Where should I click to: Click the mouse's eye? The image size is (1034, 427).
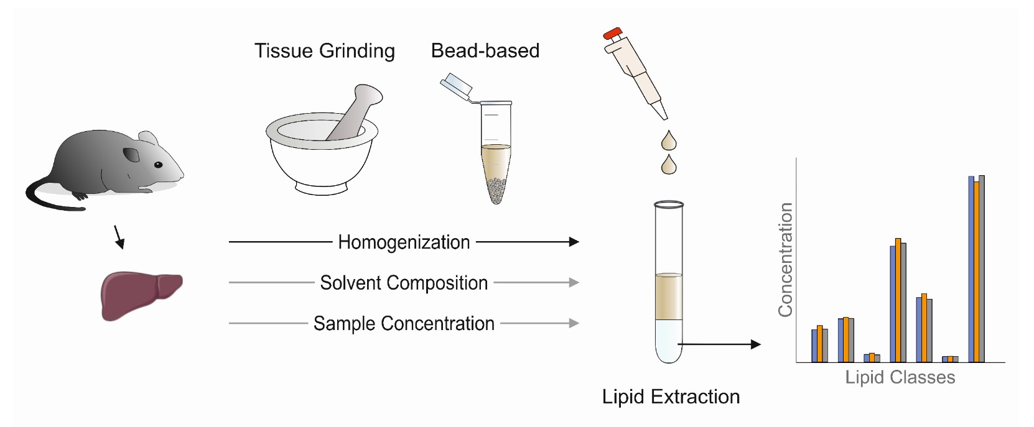tap(158, 165)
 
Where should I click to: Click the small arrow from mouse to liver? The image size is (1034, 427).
tap(119, 237)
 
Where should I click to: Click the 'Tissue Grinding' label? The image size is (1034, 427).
tap(325, 51)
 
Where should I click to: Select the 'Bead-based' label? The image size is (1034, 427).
tap(485, 50)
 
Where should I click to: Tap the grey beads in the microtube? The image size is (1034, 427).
tap(496, 190)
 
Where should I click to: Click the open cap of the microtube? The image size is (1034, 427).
tap(455, 85)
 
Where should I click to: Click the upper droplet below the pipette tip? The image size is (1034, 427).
tap(668, 141)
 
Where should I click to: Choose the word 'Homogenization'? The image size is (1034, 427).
tap(404, 242)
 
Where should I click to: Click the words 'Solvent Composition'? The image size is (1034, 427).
tap(404, 283)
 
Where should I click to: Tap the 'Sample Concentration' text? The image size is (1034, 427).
tap(404, 323)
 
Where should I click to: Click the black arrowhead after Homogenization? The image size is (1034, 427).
tap(574, 242)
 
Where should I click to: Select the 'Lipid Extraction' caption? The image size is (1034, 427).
tap(671, 397)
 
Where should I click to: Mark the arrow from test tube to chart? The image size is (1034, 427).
tap(719, 344)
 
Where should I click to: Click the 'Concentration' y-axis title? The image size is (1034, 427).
tap(785, 260)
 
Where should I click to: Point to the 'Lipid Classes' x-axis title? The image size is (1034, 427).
tap(900, 377)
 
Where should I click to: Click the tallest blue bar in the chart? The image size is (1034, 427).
tap(971, 269)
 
